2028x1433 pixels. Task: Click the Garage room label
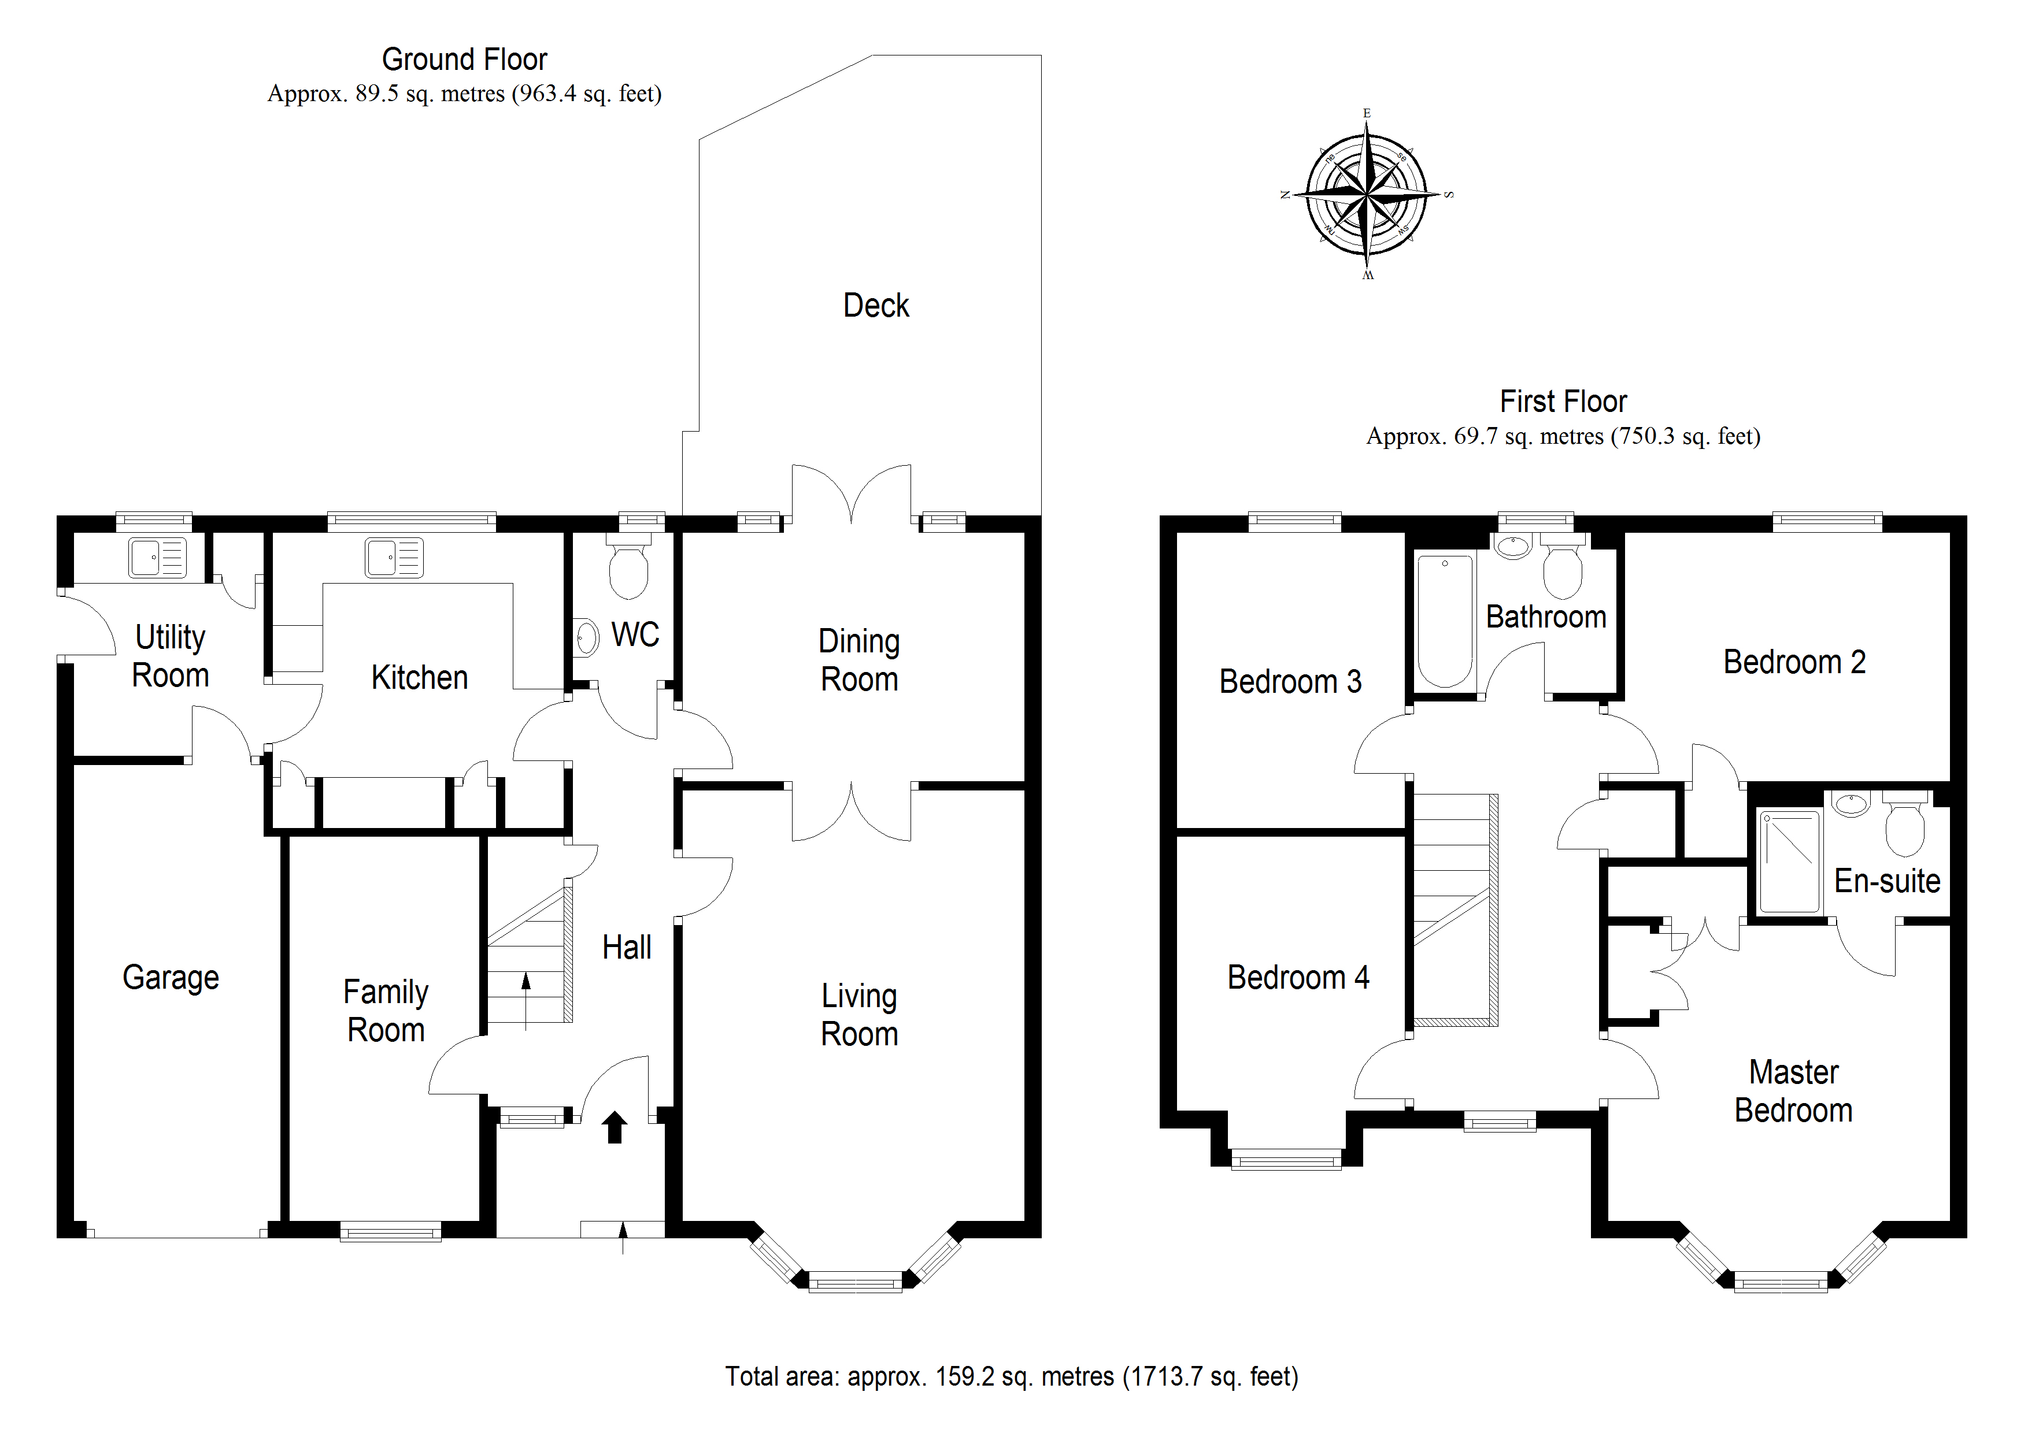171,978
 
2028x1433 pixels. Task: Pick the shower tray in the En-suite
1789,862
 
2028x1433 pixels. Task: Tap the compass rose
1367,194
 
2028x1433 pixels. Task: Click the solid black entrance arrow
614,1127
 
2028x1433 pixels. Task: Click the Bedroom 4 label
1297,978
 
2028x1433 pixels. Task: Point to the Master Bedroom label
1793,1092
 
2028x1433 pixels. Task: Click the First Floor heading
1563,402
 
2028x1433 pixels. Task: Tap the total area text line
1011,1376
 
